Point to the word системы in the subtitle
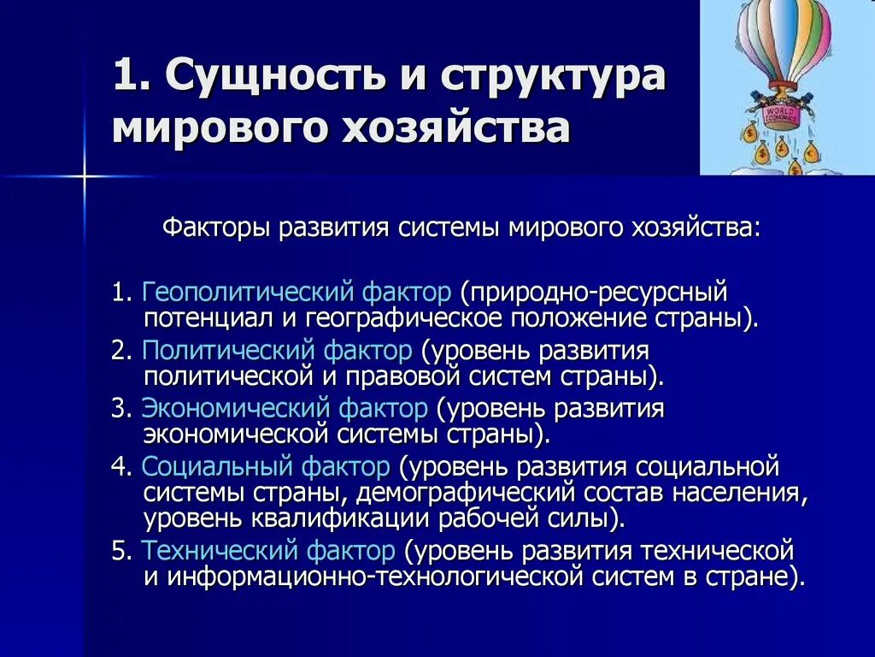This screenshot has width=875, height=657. pos(452,229)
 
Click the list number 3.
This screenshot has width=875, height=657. pos(118,409)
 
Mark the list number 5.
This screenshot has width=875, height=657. pos(118,549)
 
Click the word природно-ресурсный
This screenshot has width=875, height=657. pos(593,294)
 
